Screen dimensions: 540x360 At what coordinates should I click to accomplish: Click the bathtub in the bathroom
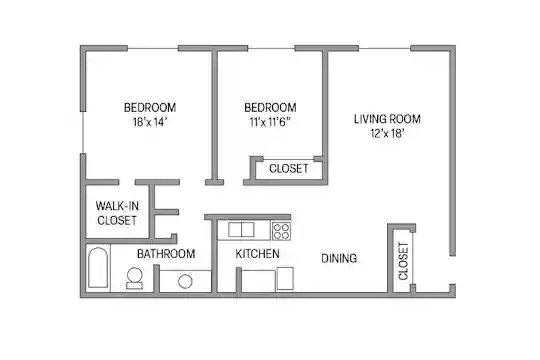point(98,267)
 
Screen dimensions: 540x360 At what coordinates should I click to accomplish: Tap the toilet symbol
point(134,278)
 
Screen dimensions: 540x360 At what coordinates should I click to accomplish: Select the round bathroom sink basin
point(185,281)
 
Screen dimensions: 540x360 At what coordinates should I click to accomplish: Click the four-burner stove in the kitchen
point(281,231)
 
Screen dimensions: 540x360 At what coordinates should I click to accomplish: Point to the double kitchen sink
point(241,230)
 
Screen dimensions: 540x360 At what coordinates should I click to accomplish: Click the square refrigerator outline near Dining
point(285,278)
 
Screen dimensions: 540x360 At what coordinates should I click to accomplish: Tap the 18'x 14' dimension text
point(150,122)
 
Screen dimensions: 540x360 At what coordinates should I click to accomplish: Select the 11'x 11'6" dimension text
point(270,122)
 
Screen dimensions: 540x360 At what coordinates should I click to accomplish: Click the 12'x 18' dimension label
point(387,133)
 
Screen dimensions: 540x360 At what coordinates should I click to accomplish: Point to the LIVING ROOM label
point(387,119)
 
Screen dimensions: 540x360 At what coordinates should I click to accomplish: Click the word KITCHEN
point(257,254)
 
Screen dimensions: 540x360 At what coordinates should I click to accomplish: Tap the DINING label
point(339,258)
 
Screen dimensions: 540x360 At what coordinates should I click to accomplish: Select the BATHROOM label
point(166,254)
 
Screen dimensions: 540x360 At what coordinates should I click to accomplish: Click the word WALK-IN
point(117,206)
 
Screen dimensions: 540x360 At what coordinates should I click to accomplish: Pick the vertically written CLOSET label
point(403,261)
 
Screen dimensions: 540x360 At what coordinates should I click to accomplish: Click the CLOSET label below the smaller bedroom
point(289,168)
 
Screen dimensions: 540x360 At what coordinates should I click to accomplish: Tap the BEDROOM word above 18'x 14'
point(150,107)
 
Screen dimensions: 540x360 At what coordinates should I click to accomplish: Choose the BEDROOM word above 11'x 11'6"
point(270,107)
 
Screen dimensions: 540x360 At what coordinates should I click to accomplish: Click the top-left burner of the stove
point(277,227)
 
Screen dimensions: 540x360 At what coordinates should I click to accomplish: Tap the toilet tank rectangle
point(134,286)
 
